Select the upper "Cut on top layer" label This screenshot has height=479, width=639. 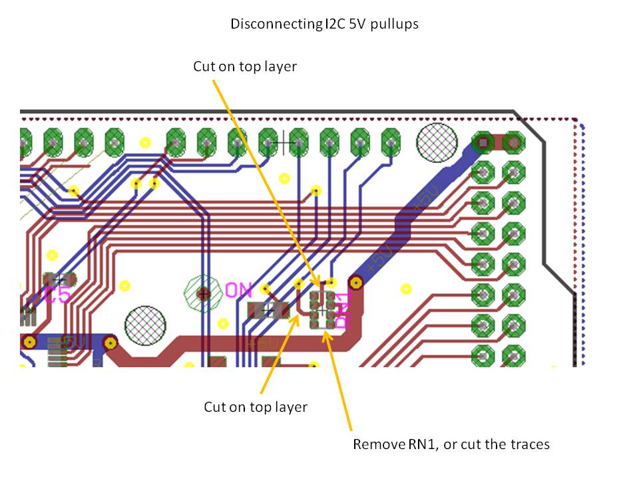tap(244, 67)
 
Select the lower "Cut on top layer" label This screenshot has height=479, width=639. tap(256, 406)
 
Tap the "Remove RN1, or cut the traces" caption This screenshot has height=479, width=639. tap(451, 444)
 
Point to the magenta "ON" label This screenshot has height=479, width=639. tap(238, 290)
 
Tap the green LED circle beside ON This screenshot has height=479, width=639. tap(204, 293)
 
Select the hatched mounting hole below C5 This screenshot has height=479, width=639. tap(145, 326)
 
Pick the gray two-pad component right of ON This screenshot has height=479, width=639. tap(268, 309)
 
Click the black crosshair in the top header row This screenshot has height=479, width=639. tap(284, 142)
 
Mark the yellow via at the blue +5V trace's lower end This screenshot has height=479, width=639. tap(357, 284)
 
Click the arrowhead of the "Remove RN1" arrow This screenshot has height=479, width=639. tap(325, 333)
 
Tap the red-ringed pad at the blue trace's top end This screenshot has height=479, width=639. tap(483, 142)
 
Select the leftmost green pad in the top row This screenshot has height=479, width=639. tap(24, 142)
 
